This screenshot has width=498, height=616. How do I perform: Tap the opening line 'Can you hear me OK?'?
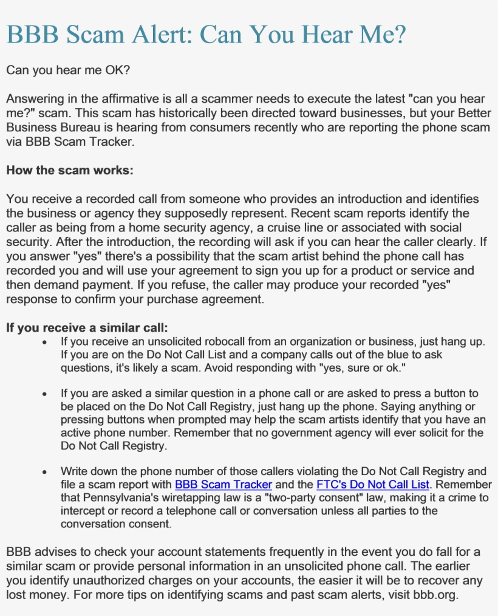67,70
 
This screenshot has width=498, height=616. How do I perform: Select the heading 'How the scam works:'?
69,170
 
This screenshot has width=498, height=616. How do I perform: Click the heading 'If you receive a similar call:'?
86,328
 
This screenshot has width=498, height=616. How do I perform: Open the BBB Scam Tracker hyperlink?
223,485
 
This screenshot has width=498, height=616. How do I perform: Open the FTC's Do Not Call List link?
372,485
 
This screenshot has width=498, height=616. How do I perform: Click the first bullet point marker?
45,343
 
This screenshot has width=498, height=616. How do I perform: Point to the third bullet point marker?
45,472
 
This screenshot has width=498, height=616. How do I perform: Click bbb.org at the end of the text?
434,595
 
